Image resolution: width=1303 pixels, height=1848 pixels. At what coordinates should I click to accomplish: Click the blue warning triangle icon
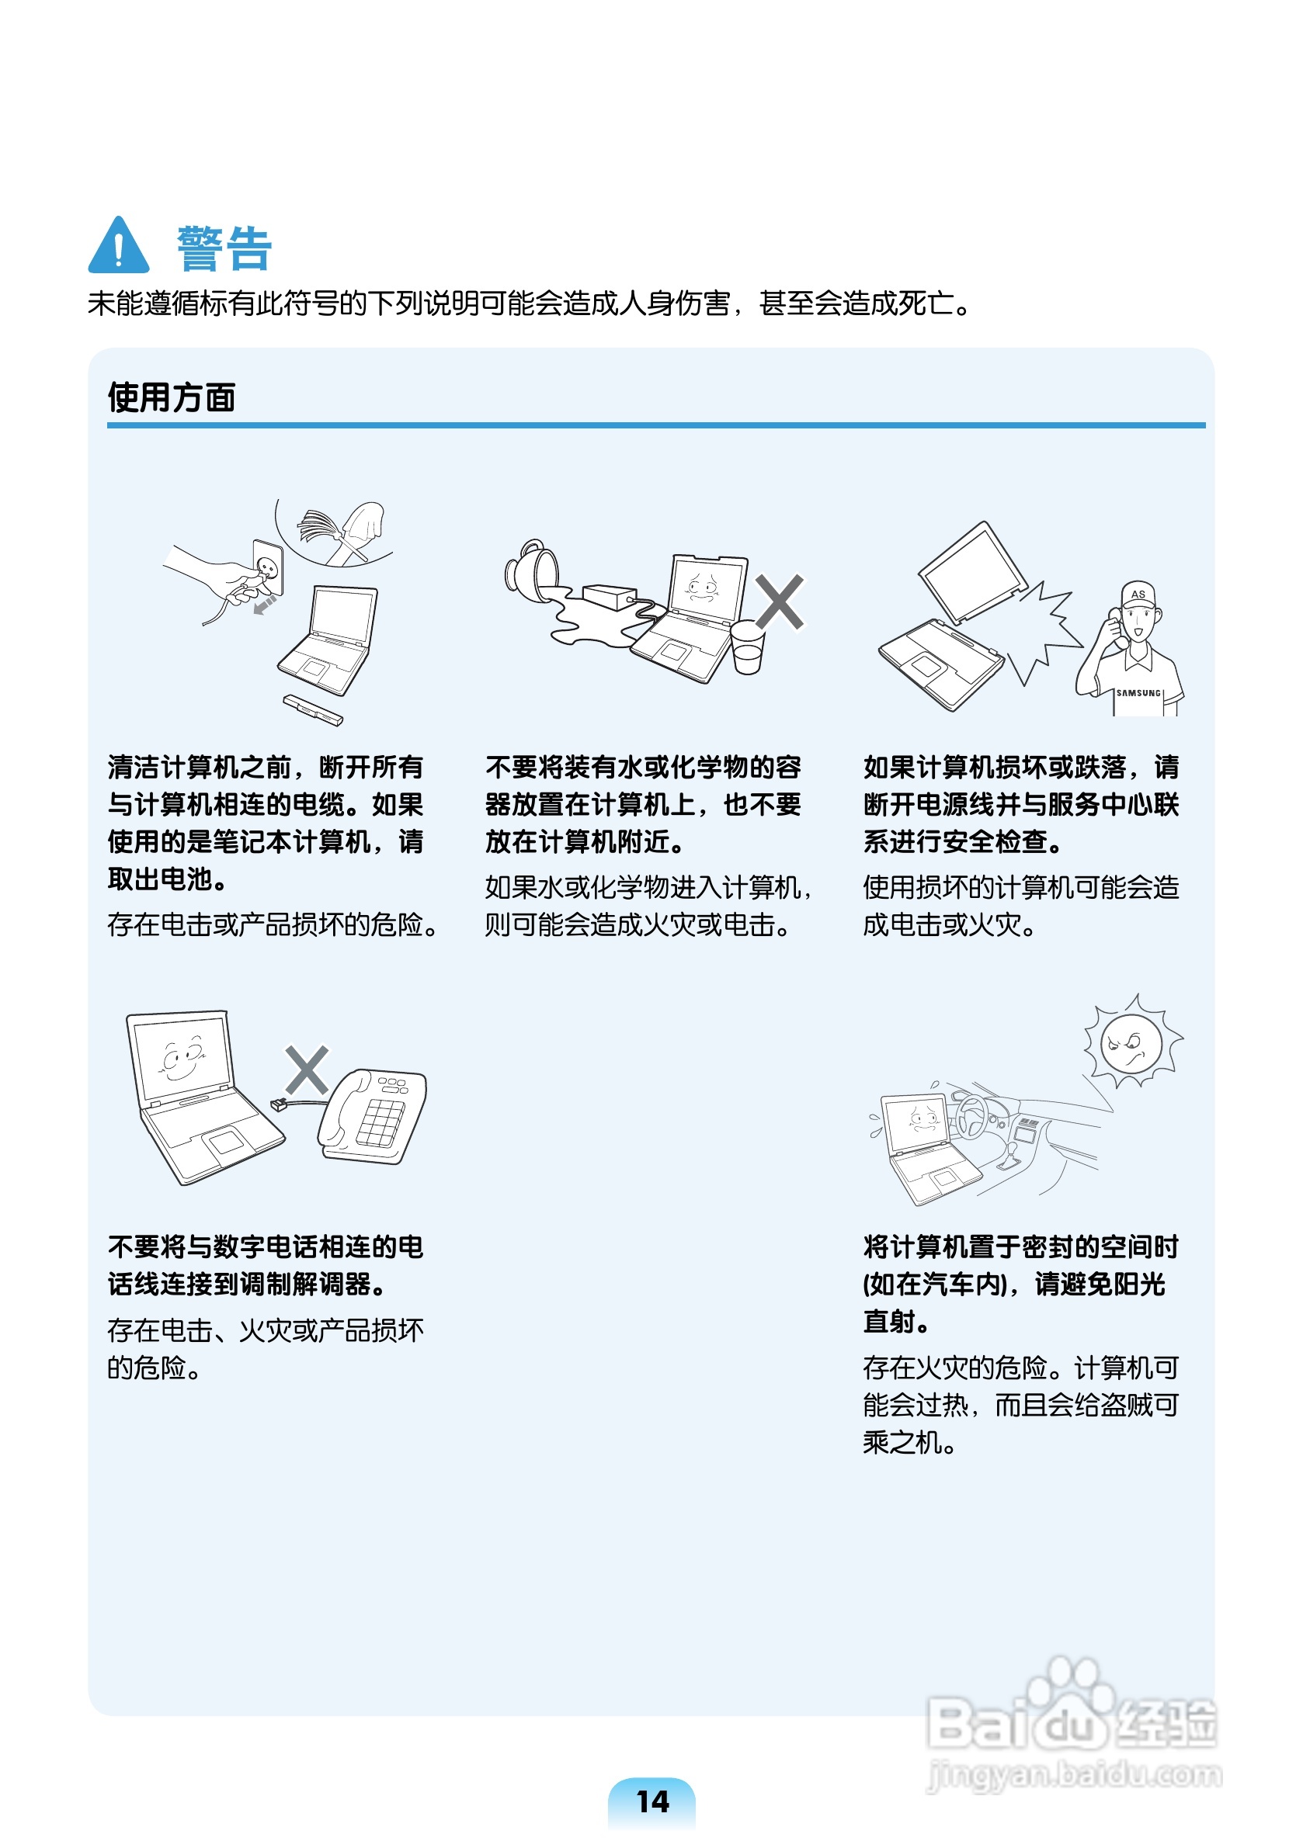coord(118,246)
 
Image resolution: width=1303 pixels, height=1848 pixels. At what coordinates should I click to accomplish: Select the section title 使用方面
coord(172,397)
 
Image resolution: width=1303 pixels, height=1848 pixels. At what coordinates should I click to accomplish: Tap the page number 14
coord(651,1801)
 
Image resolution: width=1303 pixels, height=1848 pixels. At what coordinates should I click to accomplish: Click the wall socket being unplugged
coord(268,567)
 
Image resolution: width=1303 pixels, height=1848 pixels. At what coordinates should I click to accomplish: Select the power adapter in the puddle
coord(610,596)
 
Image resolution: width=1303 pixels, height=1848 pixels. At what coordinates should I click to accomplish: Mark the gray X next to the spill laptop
coord(779,602)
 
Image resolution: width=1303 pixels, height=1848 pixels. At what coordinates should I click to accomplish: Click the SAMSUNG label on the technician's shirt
coord(1138,693)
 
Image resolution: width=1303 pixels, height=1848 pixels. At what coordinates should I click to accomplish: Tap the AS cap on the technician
coord(1138,594)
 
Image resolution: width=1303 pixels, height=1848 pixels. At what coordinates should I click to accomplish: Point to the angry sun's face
coord(1131,1043)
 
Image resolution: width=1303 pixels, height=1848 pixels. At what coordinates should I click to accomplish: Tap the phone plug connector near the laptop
coord(279,1104)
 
